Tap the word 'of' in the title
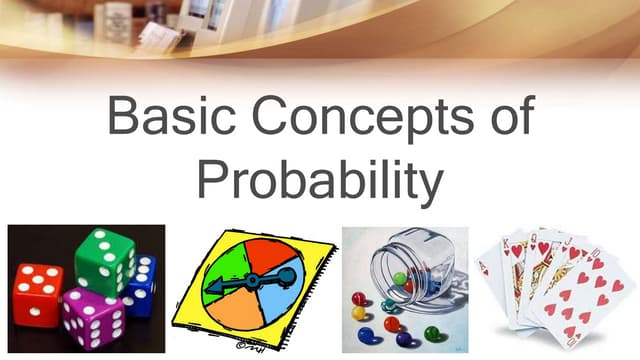(499, 118)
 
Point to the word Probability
(319, 179)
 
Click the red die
(38, 294)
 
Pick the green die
(105, 260)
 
